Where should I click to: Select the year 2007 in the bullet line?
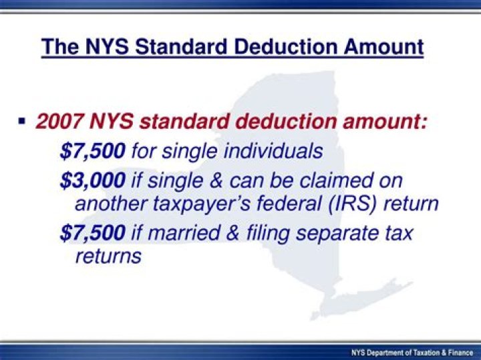click(x=59, y=122)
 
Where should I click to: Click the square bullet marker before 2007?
click(x=22, y=121)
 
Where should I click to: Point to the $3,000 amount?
click(x=92, y=180)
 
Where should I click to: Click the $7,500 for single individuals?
click(x=92, y=151)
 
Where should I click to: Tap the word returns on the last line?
click(x=108, y=256)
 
